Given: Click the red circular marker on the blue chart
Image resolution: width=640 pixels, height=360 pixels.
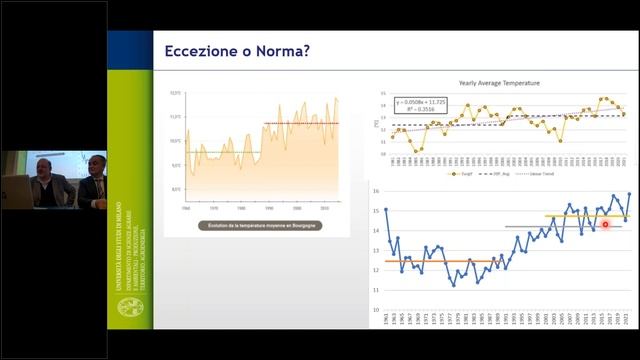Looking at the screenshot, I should (606, 225).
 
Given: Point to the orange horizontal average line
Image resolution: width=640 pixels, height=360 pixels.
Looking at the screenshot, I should (440, 261).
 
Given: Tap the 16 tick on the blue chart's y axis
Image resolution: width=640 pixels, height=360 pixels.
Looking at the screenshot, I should (375, 191).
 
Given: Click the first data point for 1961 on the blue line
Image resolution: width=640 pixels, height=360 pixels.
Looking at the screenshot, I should (386, 210).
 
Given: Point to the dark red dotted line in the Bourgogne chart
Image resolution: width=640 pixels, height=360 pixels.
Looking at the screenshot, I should (300, 123).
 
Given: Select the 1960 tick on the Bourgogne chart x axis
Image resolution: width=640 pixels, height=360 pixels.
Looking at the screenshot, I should (187, 208).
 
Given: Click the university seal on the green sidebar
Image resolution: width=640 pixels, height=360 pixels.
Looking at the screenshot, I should (130, 307).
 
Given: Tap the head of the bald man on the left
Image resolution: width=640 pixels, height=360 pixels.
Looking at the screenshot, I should (44, 160).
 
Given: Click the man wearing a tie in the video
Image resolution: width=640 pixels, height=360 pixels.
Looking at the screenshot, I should (92, 180).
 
